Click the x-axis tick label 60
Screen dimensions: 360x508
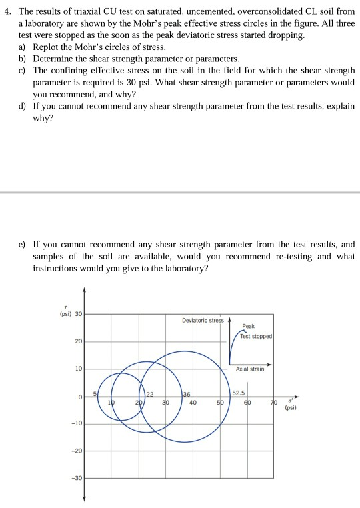pyautogui.click(x=246, y=403)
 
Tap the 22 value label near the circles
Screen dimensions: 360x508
pyautogui.click(x=150, y=393)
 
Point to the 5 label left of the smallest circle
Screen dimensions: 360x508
pyautogui.click(x=95, y=393)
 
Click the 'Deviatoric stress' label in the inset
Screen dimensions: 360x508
pyautogui.click(x=203, y=320)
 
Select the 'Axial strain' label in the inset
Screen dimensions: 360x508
pyautogui.click(x=251, y=369)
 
